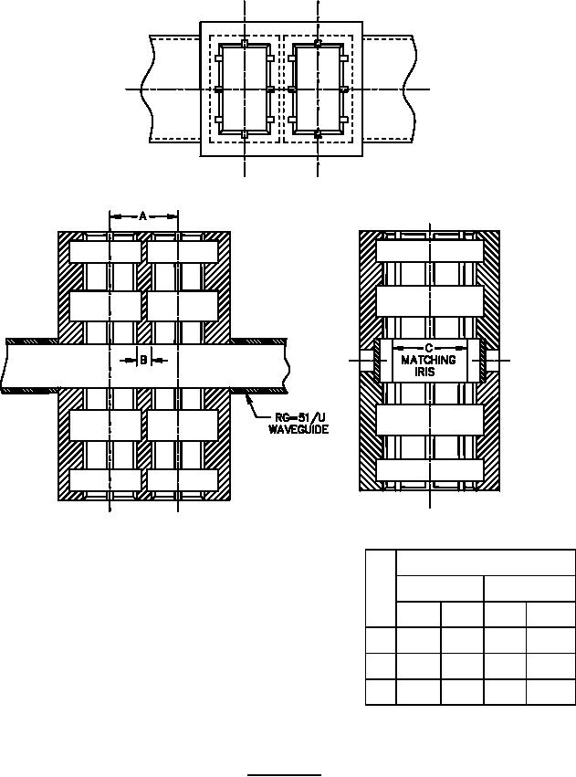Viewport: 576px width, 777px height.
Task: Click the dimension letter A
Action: [142, 216]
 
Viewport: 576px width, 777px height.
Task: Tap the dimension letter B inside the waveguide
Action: [143, 360]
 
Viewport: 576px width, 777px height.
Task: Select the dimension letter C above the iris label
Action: [429, 349]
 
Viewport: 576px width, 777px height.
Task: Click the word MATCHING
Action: [428, 360]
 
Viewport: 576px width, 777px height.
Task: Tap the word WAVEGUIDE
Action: [298, 429]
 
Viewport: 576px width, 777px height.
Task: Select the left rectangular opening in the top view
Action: [244, 89]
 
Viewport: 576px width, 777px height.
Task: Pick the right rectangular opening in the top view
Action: [318, 89]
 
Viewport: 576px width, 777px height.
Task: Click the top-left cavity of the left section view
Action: [105, 252]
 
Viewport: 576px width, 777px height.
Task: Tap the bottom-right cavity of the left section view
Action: [183, 479]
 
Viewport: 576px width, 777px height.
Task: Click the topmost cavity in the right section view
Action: [429, 251]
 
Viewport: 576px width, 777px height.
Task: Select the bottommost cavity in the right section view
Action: [429, 470]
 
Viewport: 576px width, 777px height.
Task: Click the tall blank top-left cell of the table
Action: [381, 588]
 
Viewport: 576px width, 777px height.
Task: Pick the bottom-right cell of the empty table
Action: [550, 692]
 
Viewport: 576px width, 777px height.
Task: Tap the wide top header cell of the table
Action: [486, 562]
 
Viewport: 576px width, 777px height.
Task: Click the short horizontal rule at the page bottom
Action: [284, 774]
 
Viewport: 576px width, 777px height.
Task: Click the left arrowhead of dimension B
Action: [131, 361]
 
